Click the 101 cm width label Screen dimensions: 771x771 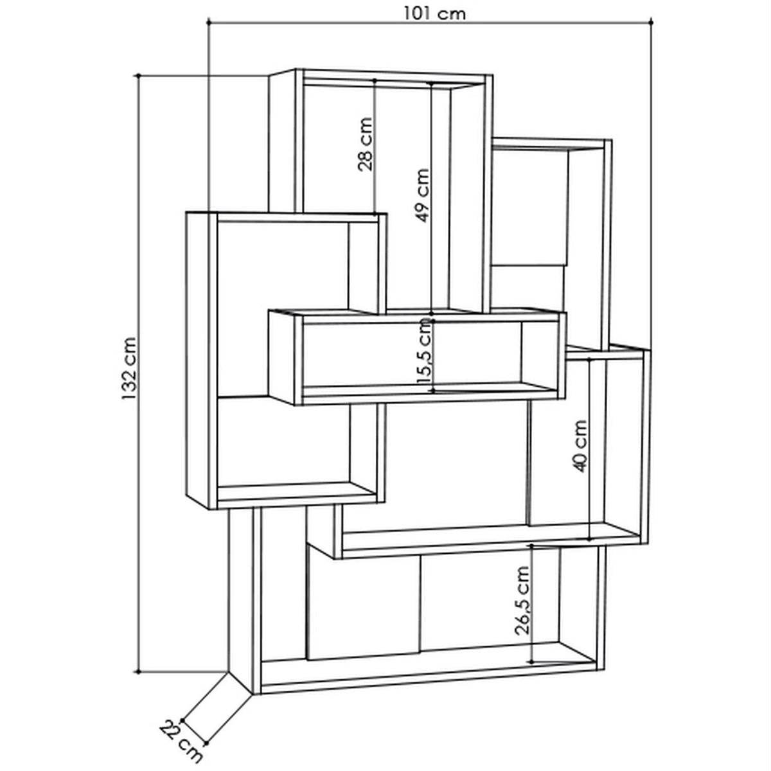[434, 13]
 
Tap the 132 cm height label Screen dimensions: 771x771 [130, 369]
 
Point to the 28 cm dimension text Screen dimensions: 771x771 [365, 145]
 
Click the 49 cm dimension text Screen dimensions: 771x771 [422, 196]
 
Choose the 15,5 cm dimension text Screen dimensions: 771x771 [425, 351]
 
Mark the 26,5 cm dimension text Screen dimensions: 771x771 [522, 600]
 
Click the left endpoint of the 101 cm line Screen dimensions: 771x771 [209, 22]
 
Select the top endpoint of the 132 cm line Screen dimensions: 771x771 [138, 75]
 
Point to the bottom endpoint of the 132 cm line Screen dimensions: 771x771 [138, 672]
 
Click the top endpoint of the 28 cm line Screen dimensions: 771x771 [375, 80]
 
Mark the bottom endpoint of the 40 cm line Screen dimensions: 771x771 [589, 540]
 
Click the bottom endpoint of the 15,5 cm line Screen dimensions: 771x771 [433, 391]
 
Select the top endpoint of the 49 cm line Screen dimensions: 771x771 [431, 84]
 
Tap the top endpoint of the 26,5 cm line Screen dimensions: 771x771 [531, 545]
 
